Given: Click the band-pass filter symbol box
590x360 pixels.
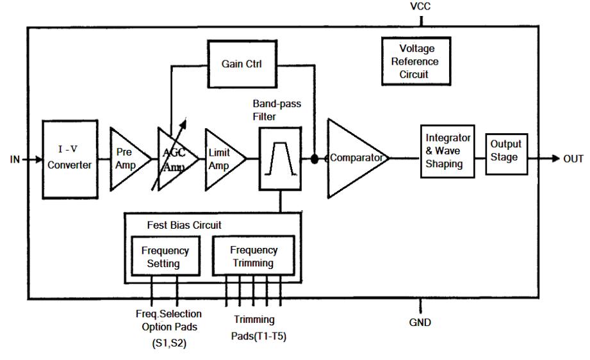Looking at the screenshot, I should pos(281,158).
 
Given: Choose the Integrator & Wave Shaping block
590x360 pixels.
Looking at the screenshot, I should pos(448,151).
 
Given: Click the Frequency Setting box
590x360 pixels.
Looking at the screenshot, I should pos(165,256).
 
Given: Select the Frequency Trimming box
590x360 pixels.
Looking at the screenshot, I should pos(254,256).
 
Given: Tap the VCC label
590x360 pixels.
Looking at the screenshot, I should pos(421,8).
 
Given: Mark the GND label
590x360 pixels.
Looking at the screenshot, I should pos(420,322).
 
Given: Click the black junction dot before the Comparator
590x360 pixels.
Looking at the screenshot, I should pos(315,158).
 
